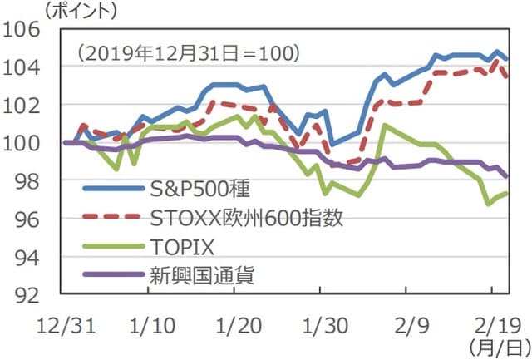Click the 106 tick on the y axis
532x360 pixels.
coord(25,28)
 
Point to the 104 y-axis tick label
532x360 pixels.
coord(25,67)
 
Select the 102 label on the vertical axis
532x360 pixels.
coord(25,105)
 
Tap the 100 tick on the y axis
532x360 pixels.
coord(25,143)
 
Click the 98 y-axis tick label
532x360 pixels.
coord(30,180)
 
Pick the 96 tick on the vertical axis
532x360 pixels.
coord(30,219)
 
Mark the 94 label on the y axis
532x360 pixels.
coord(30,257)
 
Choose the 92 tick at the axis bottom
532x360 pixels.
coord(30,294)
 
